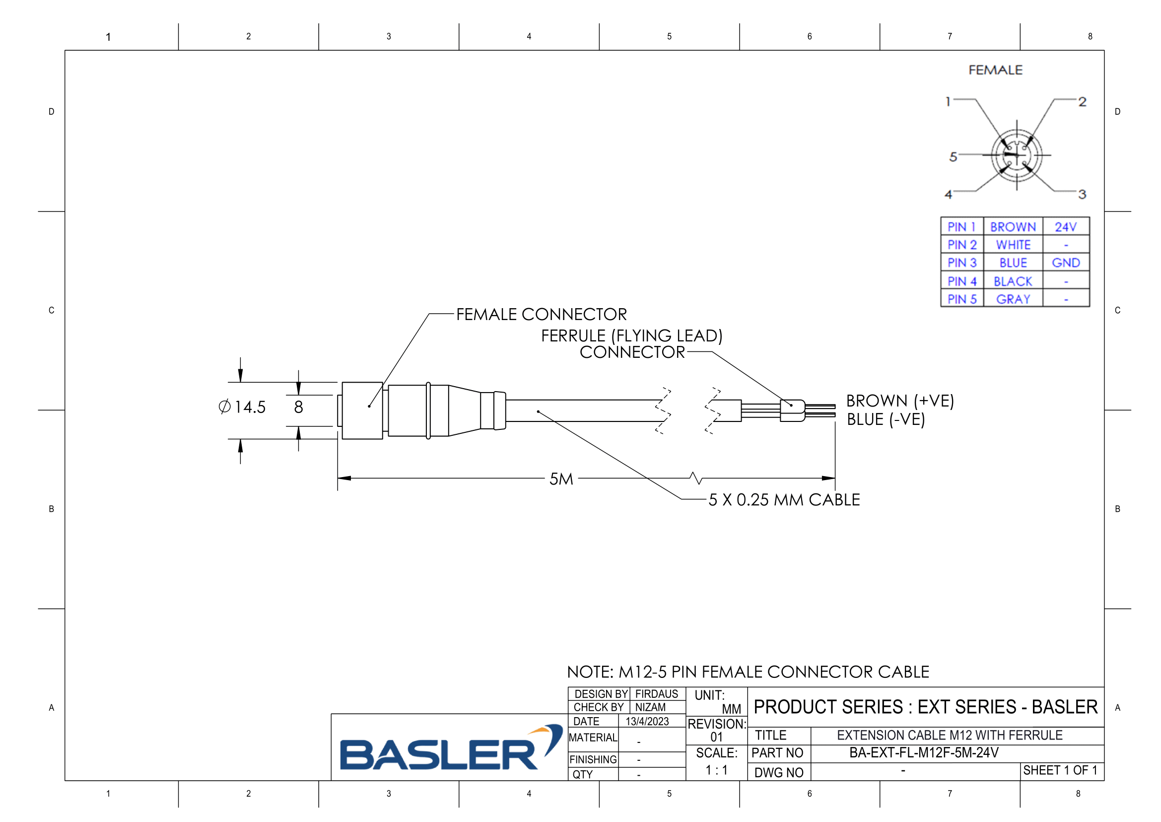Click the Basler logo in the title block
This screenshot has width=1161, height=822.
pos(450,749)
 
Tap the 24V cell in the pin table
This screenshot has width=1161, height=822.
pos(1065,227)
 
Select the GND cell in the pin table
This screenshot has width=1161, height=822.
pos(1065,263)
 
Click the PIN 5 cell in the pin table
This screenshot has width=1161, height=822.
pos(962,299)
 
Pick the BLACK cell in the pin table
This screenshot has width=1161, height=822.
pos(1013,281)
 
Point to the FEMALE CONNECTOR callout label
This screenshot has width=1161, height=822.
pos(541,314)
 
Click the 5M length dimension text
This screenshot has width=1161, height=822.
pos(561,479)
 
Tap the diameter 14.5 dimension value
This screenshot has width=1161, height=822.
pos(243,407)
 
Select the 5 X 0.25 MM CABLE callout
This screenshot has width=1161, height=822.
pos(784,500)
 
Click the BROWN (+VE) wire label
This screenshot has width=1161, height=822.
pos(900,401)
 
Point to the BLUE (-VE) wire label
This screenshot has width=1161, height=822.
pos(886,419)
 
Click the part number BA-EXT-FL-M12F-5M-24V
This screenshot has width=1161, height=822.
pos(924,752)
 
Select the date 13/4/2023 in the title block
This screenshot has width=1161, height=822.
pos(647,721)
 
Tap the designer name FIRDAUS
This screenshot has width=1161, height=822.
pos(656,694)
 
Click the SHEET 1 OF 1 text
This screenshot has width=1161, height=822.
pos(1060,770)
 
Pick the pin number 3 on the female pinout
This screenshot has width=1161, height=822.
pos(1082,194)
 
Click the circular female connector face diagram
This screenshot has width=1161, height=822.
pos(1017,156)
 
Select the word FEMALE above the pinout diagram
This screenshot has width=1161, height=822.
pos(995,70)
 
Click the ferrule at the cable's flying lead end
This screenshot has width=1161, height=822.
pos(792,411)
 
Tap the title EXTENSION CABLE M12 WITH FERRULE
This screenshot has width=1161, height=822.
pos(950,735)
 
